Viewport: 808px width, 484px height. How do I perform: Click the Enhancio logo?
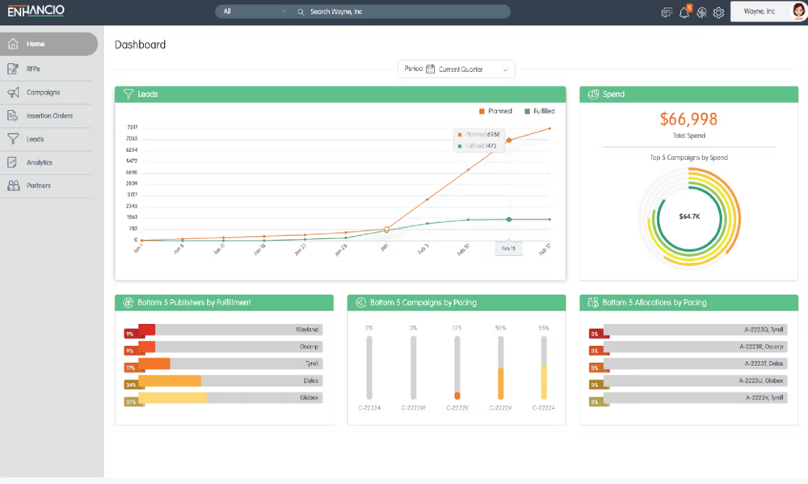(36, 11)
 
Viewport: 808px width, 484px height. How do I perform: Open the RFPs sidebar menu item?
(33, 69)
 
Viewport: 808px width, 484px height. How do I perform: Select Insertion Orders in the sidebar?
(48, 116)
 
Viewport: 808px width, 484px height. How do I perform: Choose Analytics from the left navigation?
(39, 162)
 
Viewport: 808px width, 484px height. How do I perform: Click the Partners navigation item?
(38, 186)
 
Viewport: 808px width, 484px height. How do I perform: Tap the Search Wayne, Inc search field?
(404, 12)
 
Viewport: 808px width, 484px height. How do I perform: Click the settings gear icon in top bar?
(718, 12)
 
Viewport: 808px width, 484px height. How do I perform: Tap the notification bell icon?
(684, 12)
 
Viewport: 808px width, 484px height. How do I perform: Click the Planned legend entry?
(495, 112)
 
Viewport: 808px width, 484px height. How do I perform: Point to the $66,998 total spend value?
(688, 120)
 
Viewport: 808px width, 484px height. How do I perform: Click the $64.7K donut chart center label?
(688, 217)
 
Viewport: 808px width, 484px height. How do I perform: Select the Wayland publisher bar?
(230, 330)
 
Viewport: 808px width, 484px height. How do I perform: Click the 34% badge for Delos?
(130, 385)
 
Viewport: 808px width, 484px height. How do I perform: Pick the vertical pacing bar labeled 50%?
(501, 368)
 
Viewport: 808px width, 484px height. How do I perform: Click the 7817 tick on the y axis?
(133, 127)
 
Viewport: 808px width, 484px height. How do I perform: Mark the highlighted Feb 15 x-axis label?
(508, 249)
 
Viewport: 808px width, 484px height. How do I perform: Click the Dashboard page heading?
(140, 45)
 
